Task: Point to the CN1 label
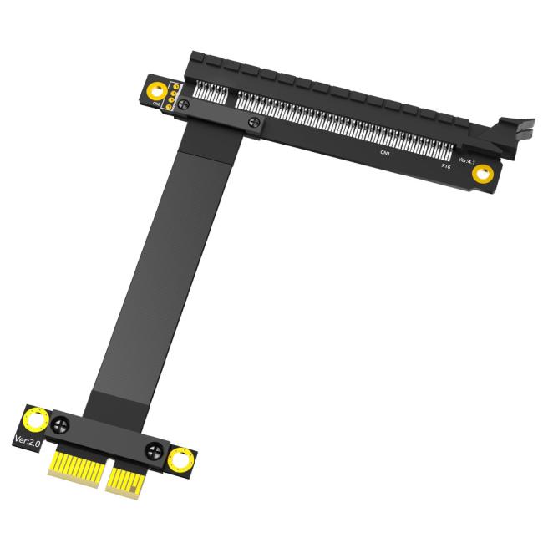click(x=384, y=154)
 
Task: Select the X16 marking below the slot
click(x=447, y=167)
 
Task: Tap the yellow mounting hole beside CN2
click(x=155, y=90)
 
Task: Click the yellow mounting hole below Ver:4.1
click(x=482, y=175)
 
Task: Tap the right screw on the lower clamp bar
click(x=153, y=453)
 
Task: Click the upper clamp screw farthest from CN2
click(x=254, y=123)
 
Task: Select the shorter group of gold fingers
click(x=125, y=481)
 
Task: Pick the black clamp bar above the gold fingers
click(x=109, y=438)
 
